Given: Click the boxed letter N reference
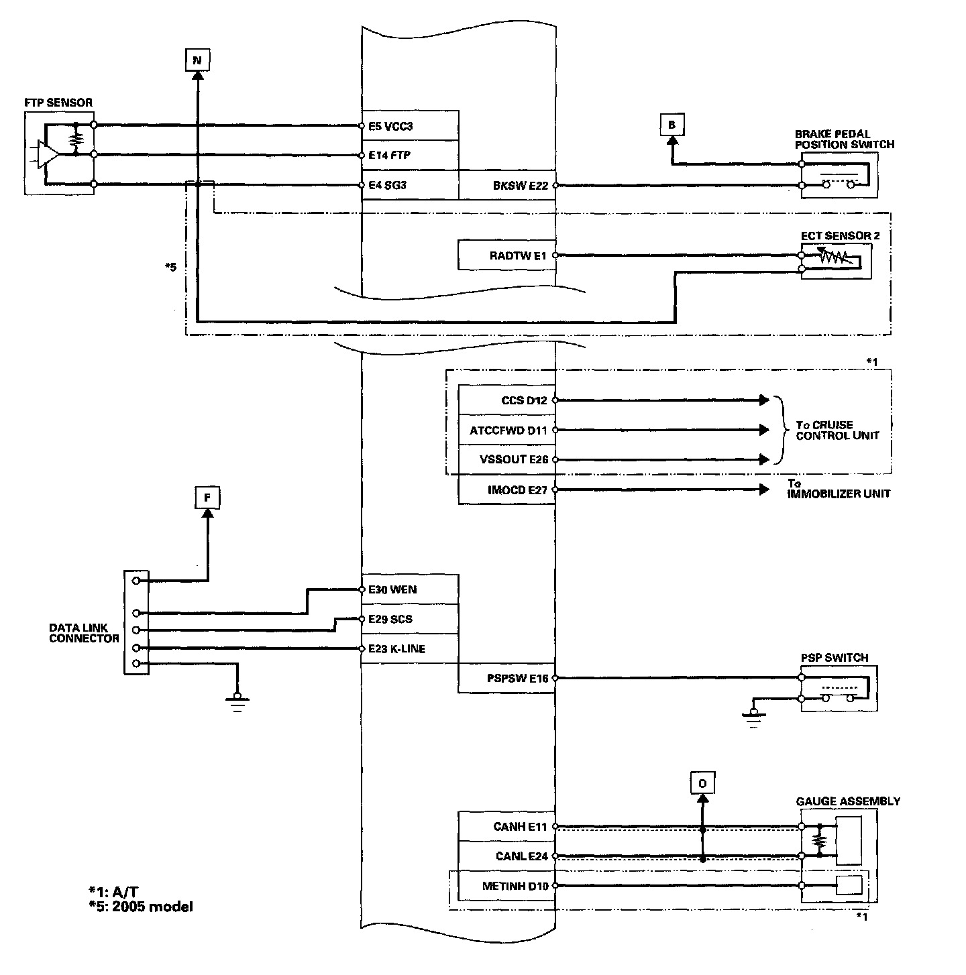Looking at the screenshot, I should click(x=197, y=60).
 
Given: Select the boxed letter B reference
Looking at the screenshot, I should click(x=672, y=125).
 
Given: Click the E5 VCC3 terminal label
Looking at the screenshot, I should click(x=391, y=125).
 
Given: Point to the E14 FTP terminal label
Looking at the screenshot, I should click(x=390, y=155).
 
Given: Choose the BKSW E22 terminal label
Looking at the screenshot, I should click(x=520, y=185).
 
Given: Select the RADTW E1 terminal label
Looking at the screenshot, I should click(x=519, y=255).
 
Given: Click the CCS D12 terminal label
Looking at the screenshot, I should click(x=524, y=400).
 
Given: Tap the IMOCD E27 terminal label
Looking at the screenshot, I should click(x=518, y=490).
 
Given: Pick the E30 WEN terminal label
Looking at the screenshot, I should click(x=392, y=589).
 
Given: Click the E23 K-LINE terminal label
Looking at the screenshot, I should click(x=396, y=648).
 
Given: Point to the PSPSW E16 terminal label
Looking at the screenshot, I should click(x=517, y=679).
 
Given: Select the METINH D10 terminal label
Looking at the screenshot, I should click(x=515, y=886).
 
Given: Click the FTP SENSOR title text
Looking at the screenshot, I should click(x=58, y=103).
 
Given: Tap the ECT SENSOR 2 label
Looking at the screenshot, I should click(x=840, y=235).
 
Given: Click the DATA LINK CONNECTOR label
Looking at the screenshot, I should click(x=84, y=633).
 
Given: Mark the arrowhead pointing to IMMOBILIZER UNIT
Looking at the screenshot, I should click(x=764, y=490).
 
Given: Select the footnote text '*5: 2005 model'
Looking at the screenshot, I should click(x=140, y=907).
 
